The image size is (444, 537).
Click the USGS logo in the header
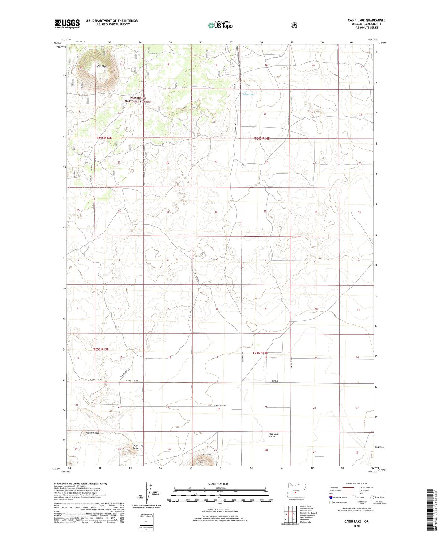67,24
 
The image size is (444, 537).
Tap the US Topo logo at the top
220,25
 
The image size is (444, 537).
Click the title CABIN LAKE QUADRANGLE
366,20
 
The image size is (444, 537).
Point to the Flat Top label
101,66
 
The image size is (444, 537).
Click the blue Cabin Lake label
248,94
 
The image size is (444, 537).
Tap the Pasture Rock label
92,433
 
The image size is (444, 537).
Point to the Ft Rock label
206,455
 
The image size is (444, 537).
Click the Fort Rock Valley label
273,435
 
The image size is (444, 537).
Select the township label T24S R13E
104,138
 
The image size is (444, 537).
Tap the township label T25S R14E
260,353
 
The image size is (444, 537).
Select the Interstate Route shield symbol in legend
331,497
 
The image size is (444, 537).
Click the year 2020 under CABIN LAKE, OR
356,526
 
